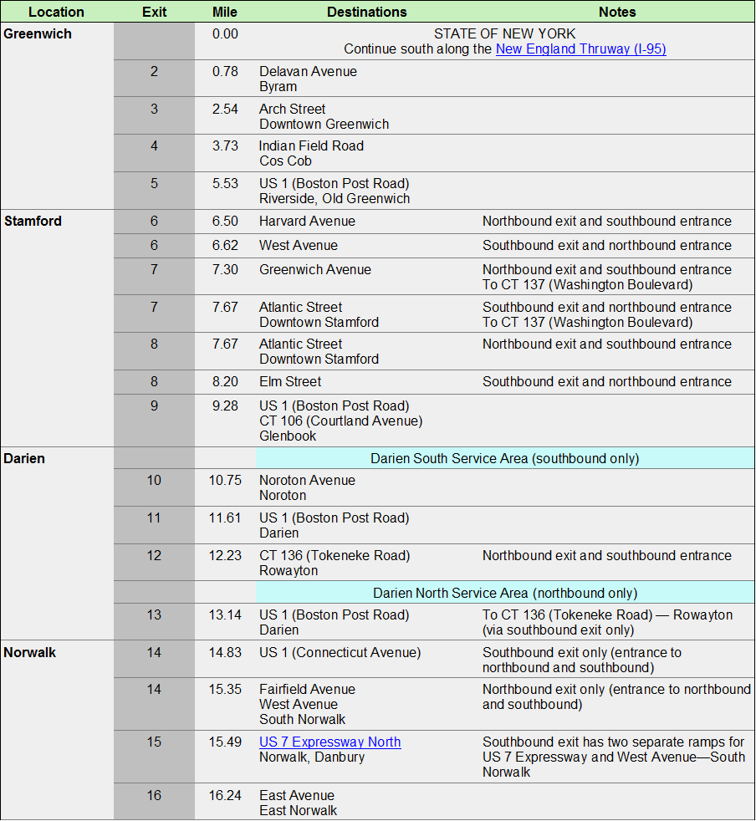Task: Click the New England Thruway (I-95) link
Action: [x=580, y=48]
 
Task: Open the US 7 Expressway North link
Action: [x=329, y=742]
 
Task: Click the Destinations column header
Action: [x=366, y=12]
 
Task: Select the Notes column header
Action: [x=617, y=12]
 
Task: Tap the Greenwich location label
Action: [x=38, y=34]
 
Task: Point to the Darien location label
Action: [x=24, y=459]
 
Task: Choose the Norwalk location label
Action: [x=30, y=652]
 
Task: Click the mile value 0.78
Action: [x=225, y=72]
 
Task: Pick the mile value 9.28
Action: [x=225, y=406]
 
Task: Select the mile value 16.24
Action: [x=225, y=796]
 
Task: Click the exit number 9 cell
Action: [x=154, y=406]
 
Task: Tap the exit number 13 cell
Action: [x=154, y=615]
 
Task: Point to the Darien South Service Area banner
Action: [x=504, y=459]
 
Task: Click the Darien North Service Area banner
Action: [x=504, y=593]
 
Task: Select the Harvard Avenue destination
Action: [x=307, y=222]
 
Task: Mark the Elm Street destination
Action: [x=290, y=382]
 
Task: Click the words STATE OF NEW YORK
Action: [x=504, y=33]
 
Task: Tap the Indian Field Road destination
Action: [x=311, y=146]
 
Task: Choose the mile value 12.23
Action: [x=225, y=556]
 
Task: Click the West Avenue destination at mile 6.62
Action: [x=299, y=246]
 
